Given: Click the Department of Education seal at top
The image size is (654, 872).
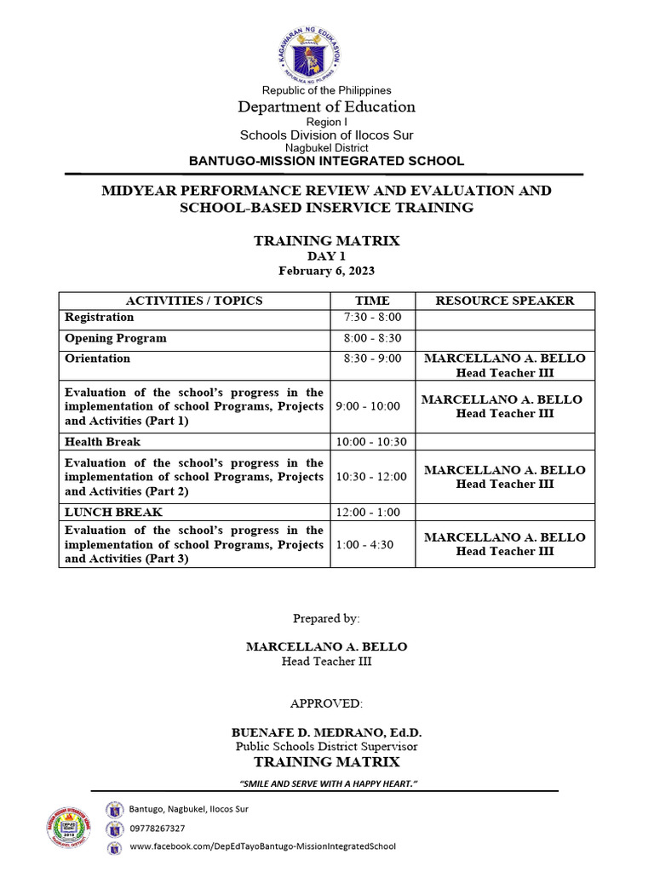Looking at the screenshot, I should [326, 54].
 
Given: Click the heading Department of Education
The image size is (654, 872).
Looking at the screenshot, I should [326, 106].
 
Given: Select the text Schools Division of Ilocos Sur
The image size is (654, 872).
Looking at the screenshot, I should [326, 135].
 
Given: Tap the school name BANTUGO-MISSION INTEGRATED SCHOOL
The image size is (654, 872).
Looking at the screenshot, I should [326, 160].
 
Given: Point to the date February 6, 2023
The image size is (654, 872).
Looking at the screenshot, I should [326, 271].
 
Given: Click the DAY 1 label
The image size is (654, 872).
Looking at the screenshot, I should [326, 256].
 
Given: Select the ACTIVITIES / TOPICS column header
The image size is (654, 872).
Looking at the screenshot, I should [194, 301].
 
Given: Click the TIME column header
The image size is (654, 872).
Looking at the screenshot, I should [372, 301].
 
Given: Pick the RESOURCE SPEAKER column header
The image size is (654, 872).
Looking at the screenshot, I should [505, 301].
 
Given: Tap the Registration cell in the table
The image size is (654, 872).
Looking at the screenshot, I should [100, 318].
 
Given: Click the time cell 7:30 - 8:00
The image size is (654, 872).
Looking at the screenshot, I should [372, 318].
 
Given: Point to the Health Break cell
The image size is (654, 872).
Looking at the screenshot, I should [103, 442].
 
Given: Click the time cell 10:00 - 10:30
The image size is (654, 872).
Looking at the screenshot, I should [372, 442].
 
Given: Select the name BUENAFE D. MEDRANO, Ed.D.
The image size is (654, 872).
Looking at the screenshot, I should [326, 732].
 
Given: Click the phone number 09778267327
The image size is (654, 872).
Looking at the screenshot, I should [157, 828].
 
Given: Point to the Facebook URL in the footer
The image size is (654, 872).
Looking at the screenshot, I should [262, 846].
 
